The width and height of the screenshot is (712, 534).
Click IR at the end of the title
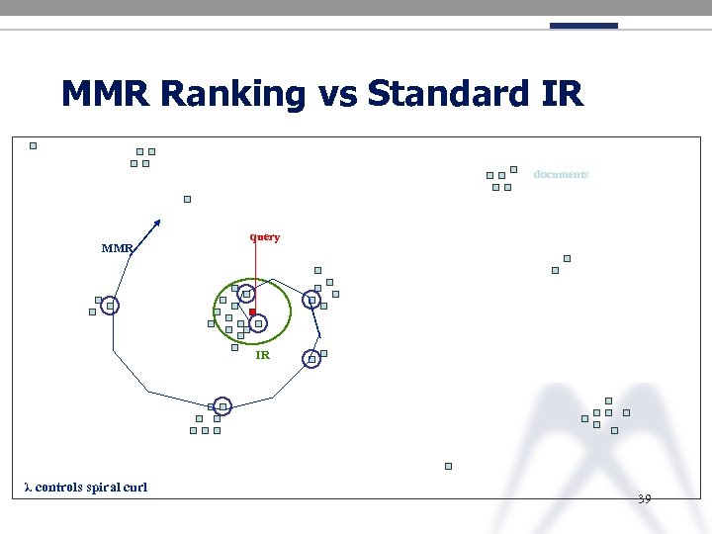point(562,94)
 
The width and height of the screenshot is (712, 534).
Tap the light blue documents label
point(561,174)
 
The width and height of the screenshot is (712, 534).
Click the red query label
point(265,237)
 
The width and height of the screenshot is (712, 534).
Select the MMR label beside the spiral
point(117,248)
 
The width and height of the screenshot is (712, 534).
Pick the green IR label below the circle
point(262,354)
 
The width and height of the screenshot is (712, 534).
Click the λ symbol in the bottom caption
point(28,487)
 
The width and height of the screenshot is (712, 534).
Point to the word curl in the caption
point(134,487)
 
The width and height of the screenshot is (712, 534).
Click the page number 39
point(644,498)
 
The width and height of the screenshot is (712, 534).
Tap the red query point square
point(252,312)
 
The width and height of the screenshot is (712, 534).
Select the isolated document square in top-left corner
point(33,145)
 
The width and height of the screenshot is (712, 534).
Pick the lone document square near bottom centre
point(448,466)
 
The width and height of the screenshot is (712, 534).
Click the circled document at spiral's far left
point(110,307)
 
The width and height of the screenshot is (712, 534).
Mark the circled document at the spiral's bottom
point(222,406)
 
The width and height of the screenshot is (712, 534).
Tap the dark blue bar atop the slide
point(583,26)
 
